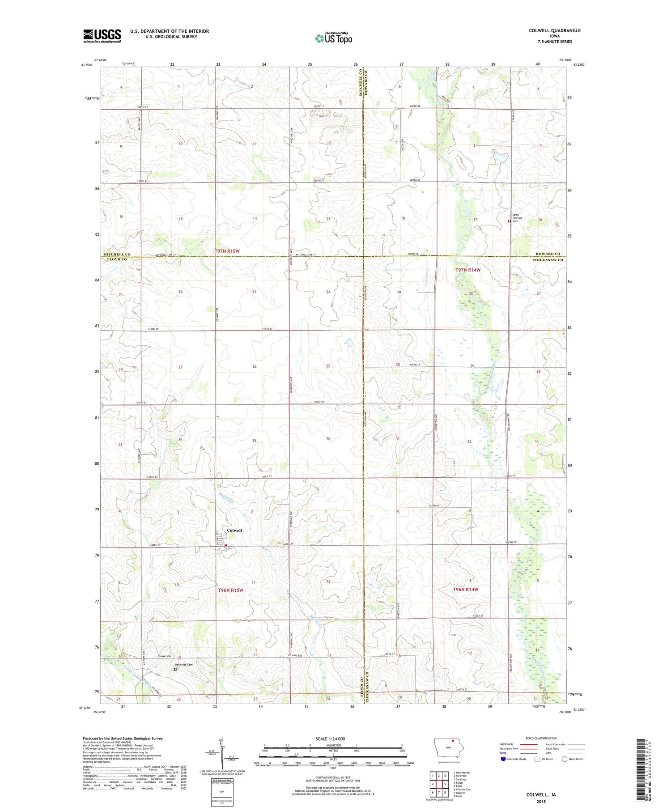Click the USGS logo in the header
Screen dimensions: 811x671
tap(102, 36)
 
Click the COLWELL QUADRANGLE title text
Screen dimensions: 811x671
tap(554, 30)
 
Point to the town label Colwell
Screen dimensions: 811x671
tap(234, 530)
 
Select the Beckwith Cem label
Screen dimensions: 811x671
tap(183, 664)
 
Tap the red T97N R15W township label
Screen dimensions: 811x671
tap(227, 251)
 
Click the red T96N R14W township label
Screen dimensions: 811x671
tap(465, 590)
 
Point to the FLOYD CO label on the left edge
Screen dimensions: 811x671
tap(115, 259)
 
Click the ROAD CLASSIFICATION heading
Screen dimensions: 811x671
tap(541, 738)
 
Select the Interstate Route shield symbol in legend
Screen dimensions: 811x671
tap(503, 759)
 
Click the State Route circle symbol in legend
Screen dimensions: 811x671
tap(565, 759)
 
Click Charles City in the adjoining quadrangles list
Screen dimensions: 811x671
tap(462, 790)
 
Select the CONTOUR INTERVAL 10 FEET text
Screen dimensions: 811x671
tap(333, 778)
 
